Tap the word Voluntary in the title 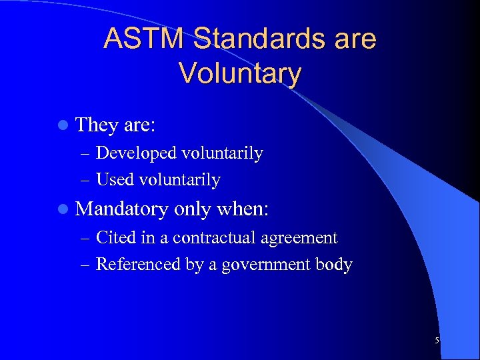(x=240, y=73)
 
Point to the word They (x=97, y=125)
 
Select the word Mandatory (x=122, y=209)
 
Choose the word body (x=334, y=265)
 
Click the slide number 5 (x=437, y=341)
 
